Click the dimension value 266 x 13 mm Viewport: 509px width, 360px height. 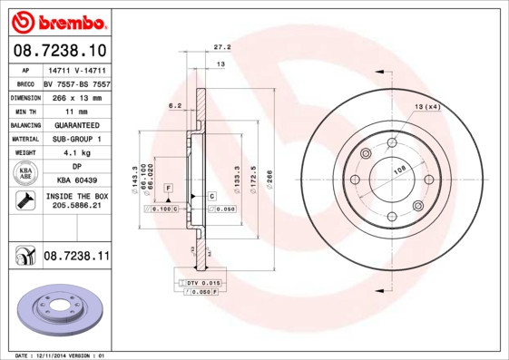coord(75,95)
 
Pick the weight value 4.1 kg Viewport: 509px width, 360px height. coord(75,152)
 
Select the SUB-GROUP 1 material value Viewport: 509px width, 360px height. coord(75,138)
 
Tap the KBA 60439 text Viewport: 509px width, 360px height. coord(75,181)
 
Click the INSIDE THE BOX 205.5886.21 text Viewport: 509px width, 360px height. coord(75,201)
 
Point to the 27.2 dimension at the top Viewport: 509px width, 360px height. coord(221,46)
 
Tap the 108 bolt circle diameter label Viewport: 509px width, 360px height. coord(397,169)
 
